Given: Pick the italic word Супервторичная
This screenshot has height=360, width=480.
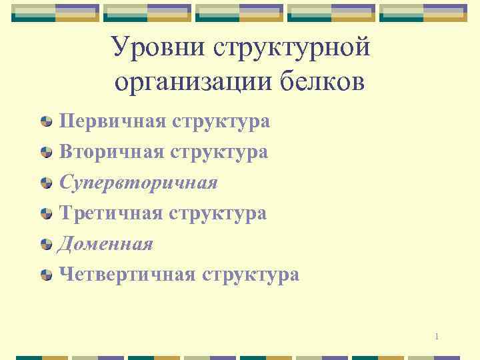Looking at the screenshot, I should point(138,183).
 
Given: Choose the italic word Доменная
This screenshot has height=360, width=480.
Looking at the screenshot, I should point(106,244).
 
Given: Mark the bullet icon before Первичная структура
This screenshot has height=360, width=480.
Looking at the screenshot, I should point(47,122).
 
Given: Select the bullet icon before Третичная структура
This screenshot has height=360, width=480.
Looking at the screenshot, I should point(47,214).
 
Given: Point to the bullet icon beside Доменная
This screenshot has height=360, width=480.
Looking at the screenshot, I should point(47,245).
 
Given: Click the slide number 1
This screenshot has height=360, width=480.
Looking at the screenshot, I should point(436,336).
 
